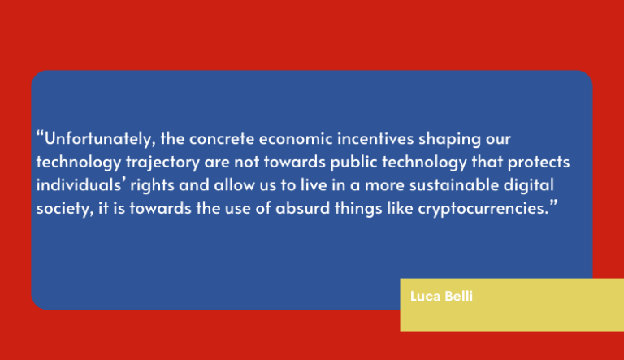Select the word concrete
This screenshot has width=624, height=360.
pyautogui.click(x=222, y=139)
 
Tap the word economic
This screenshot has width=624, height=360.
pyautogui.click(x=296, y=139)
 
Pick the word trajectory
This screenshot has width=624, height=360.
pyautogui.click(x=162, y=163)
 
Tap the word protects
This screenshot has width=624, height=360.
pyautogui.click(x=539, y=163)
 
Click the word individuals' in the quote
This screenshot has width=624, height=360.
pyautogui.click(x=81, y=184)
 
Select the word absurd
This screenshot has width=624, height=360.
pyautogui.click(x=302, y=208)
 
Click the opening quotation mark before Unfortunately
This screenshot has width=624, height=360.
pyautogui.click(x=40, y=133)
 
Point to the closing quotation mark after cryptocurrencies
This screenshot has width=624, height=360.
pyautogui.click(x=554, y=203)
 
